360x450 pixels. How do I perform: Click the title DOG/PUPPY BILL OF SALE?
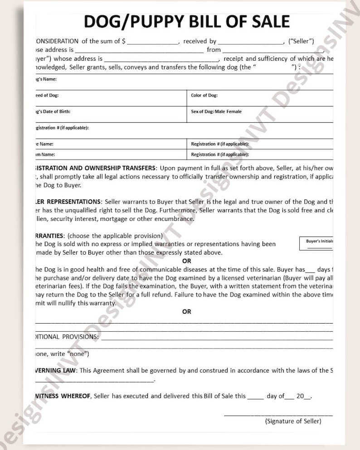(x=186, y=21)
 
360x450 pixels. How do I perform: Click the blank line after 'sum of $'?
(x=153, y=42)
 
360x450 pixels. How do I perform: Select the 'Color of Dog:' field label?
(x=204, y=96)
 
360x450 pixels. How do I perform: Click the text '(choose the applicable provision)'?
(x=116, y=236)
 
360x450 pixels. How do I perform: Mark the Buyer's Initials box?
(x=319, y=244)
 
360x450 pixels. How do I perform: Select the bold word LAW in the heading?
(x=69, y=370)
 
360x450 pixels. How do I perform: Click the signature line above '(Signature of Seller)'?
(x=278, y=415)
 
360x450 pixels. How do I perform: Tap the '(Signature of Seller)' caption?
(x=293, y=421)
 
